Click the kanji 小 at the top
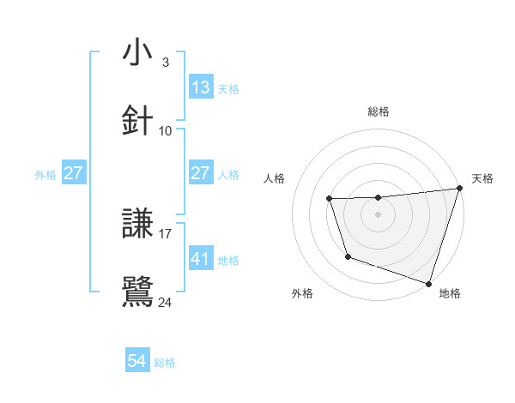[137, 53]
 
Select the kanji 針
[137, 121]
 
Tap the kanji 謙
[137, 225]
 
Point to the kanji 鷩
[137, 292]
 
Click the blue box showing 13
[201, 87]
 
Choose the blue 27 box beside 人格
[201, 173]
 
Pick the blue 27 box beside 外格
[74, 173]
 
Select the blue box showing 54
[137, 362]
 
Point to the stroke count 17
[166, 233]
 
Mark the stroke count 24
[166, 302]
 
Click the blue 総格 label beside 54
[165, 363]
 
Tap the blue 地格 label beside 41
[228, 260]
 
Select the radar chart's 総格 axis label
[379, 111]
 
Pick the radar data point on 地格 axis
[428, 283]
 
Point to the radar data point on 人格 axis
[329, 199]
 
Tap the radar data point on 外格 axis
[348, 256]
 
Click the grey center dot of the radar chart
[379, 214]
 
